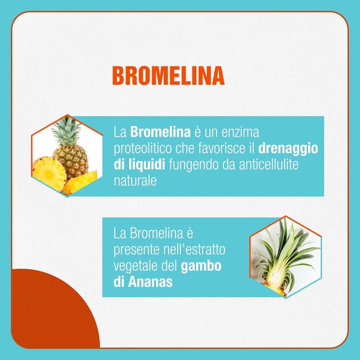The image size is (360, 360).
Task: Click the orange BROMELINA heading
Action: [x=168, y=75]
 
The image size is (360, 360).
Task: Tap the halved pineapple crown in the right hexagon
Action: [x=284, y=256]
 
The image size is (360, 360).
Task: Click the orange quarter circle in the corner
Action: [x=45, y=315]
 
